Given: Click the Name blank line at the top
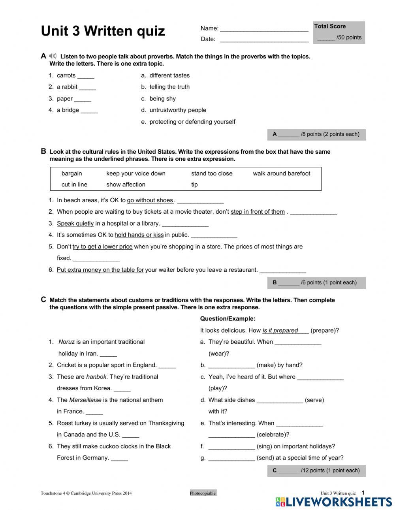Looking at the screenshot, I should [264, 29].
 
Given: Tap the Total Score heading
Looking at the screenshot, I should [330, 26].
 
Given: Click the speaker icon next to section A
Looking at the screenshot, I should [53, 56].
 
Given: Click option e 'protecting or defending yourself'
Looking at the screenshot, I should [192, 122].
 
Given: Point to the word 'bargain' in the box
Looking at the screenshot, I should [72, 173].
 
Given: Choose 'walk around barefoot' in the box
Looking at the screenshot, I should [281, 173].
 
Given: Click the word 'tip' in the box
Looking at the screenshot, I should [194, 184].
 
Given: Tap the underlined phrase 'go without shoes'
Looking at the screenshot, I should [150, 200].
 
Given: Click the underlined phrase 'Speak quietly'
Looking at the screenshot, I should [75, 224].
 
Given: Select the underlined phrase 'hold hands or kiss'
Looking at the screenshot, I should [139, 235].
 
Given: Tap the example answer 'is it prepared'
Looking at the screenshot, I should [280, 331].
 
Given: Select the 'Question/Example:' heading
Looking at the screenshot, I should [228, 319].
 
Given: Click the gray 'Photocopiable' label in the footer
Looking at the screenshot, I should [203, 493].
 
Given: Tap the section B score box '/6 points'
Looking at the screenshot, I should [316, 282].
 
